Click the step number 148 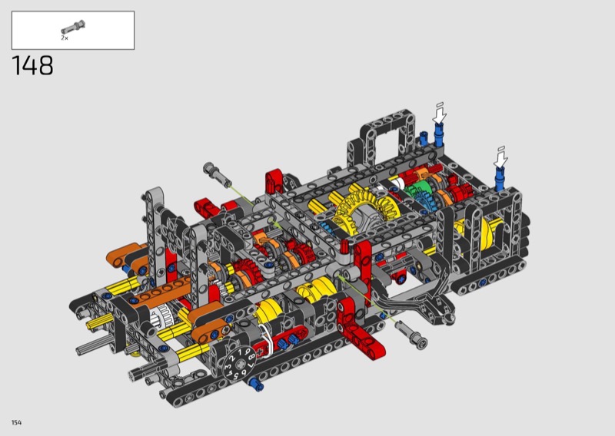(32, 65)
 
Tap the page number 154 (16, 422)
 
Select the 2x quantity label (65, 38)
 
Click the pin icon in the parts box (73, 28)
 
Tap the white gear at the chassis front (160, 316)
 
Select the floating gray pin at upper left (217, 173)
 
